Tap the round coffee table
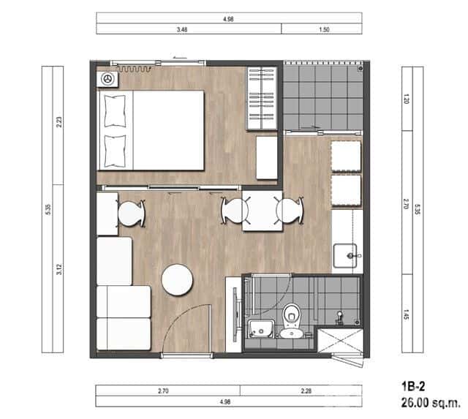point(177,279)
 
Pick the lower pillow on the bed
point(115,149)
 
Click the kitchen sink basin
point(347,256)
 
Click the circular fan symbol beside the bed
point(107,79)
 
